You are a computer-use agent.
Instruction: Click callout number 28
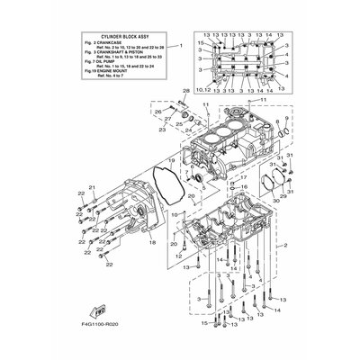pyautogui.click(x=187, y=92)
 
